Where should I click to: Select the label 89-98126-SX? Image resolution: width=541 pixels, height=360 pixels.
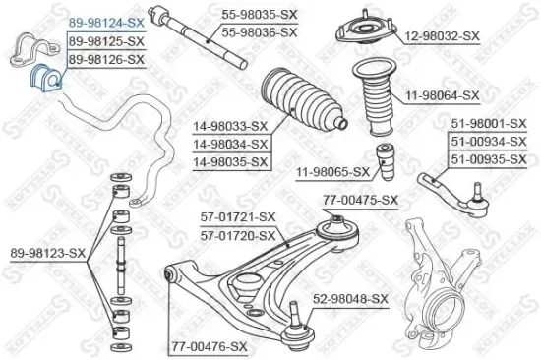click(105, 60)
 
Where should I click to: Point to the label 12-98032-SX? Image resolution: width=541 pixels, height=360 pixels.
click(443, 36)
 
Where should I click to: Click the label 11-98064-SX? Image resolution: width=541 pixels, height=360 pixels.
click(442, 95)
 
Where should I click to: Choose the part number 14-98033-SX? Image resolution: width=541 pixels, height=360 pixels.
click(229, 127)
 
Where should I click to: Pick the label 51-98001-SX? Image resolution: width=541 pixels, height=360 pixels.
click(489, 125)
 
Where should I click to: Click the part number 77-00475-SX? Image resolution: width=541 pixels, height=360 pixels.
click(360, 200)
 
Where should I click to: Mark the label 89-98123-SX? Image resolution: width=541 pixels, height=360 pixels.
click(44, 253)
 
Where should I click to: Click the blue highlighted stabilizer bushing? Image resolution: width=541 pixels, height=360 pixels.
click(45, 78)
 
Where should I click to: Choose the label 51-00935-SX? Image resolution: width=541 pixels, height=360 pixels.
click(489, 157)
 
